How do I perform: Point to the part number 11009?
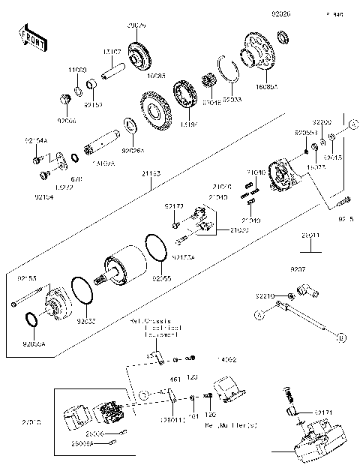[78, 69]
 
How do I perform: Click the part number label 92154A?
[36, 140]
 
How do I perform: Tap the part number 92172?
[174, 205]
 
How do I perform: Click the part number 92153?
[26, 278]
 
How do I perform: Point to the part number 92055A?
[34, 346]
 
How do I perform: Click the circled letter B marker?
[340, 339]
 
